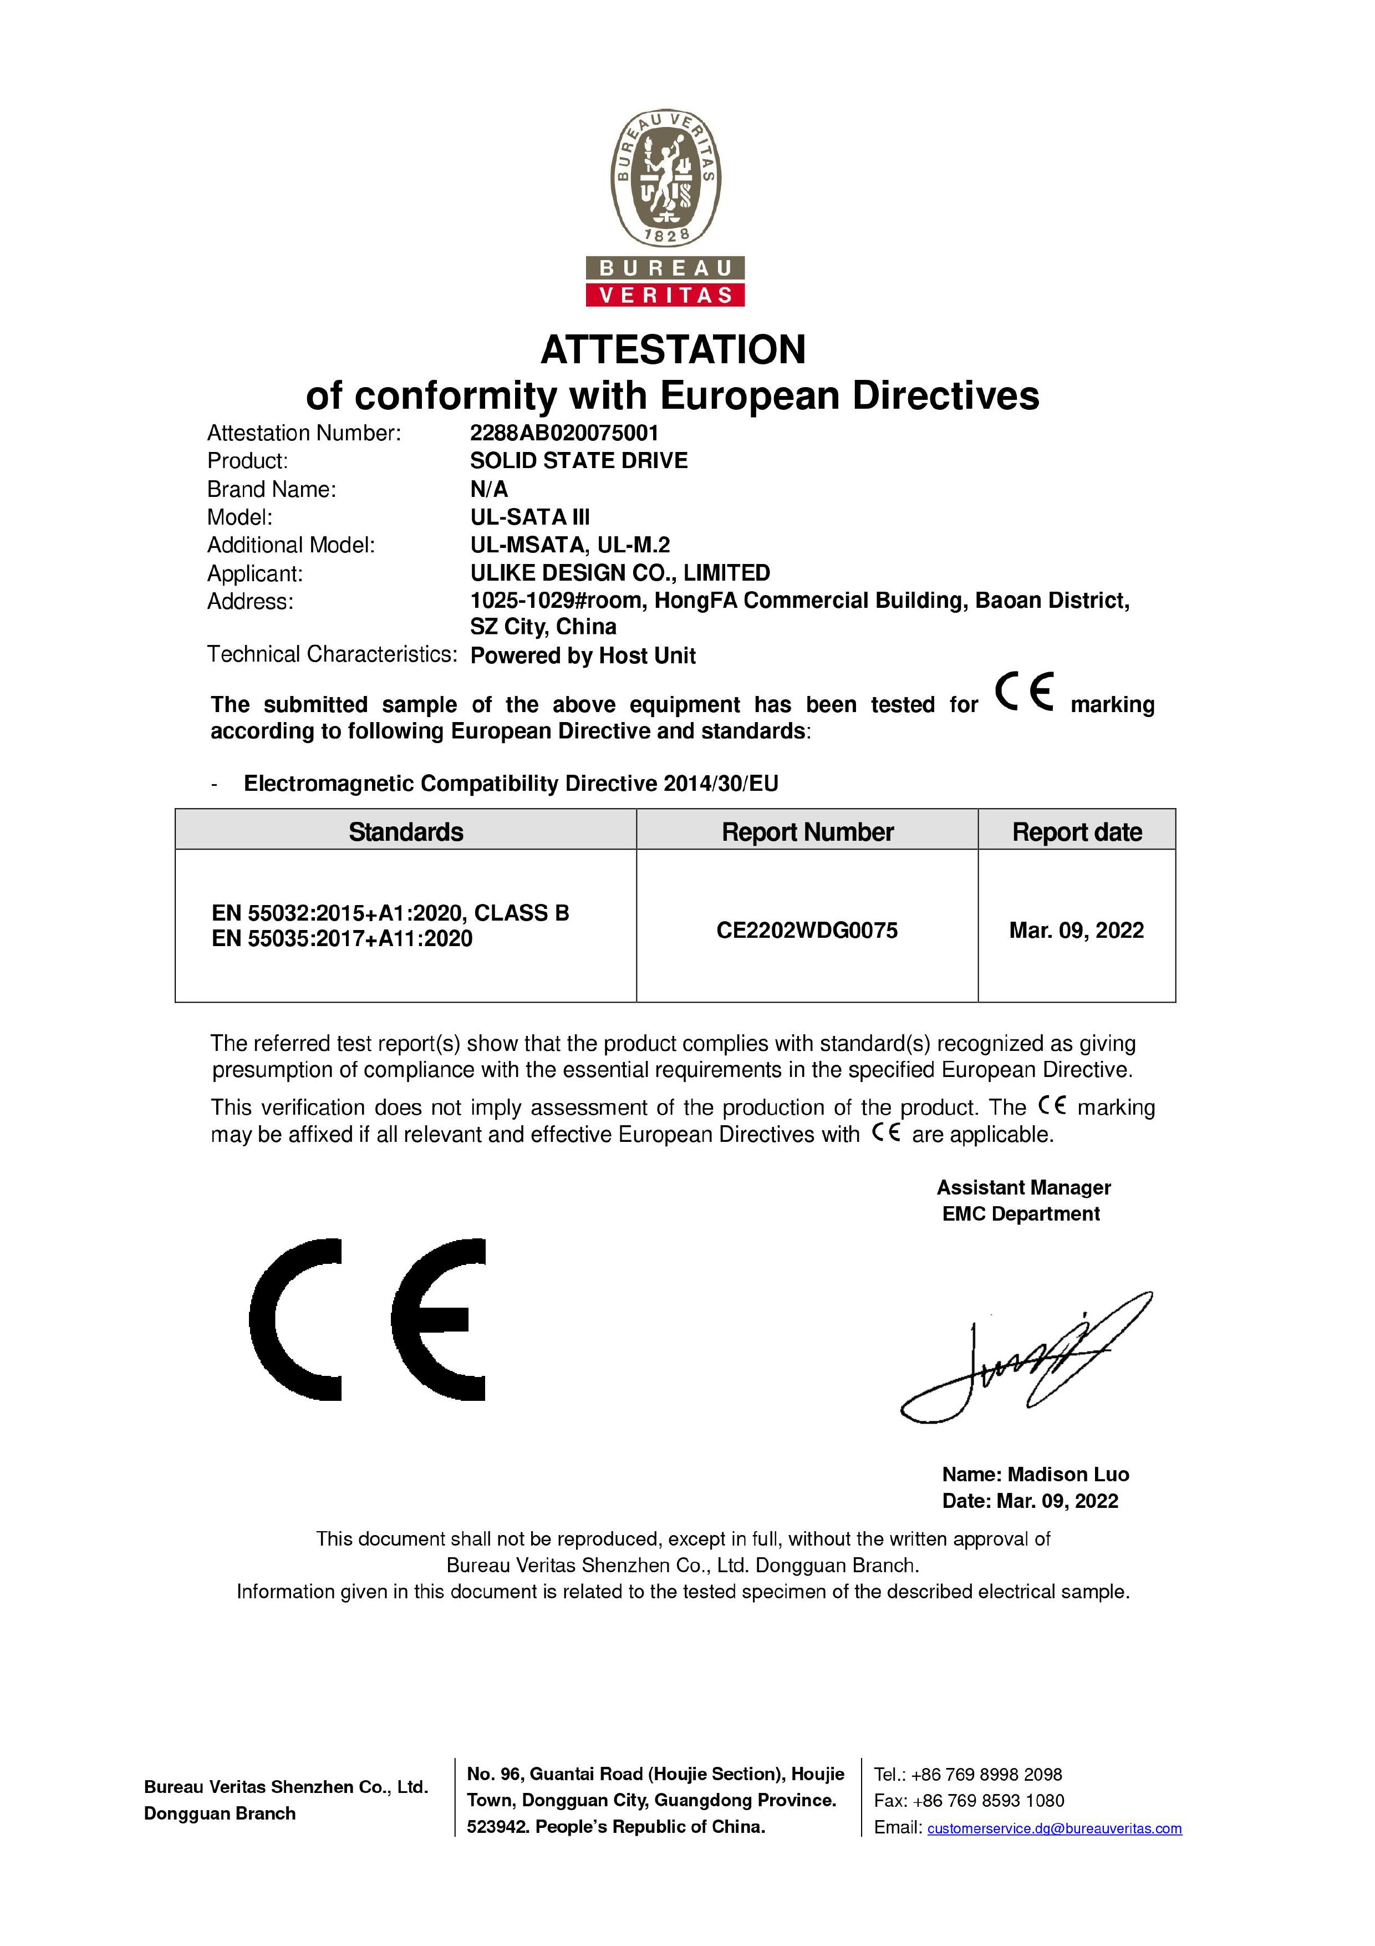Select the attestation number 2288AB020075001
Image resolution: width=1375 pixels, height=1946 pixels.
(x=564, y=433)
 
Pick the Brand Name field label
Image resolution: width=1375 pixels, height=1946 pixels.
(x=271, y=490)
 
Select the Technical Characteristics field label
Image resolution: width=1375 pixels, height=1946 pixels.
(x=331, y=654)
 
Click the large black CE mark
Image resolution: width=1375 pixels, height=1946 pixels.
(x=368, y=1320)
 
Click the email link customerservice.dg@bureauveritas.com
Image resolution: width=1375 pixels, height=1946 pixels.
(x=1054, y=1828)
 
